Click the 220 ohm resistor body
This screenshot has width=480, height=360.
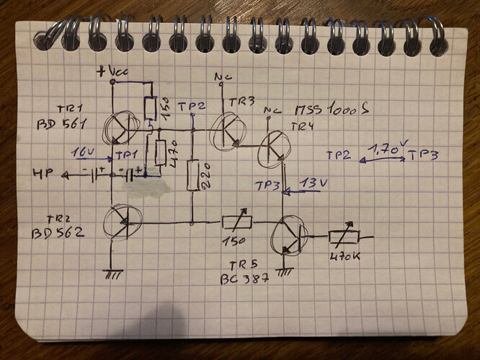[192, 177]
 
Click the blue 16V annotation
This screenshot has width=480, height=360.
[84, 153]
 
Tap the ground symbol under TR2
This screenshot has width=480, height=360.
[112, 275]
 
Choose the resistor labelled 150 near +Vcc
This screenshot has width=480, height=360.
[149, 109]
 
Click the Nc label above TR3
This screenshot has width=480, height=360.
[221, 76]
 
